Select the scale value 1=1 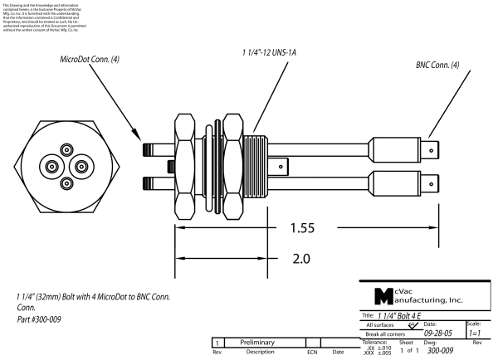pos(475,333)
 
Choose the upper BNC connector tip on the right pos(434,151)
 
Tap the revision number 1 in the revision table pos(217,342)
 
